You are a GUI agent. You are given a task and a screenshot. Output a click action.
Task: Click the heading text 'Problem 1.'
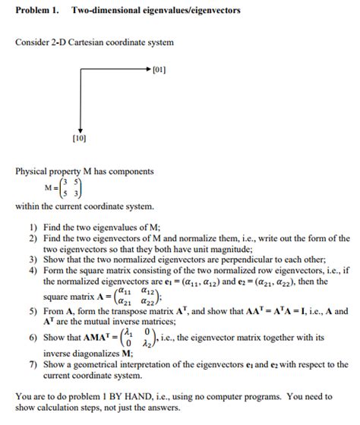click(x=36, y=11)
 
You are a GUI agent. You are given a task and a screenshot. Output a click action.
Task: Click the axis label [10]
click(x=79, y=139)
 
